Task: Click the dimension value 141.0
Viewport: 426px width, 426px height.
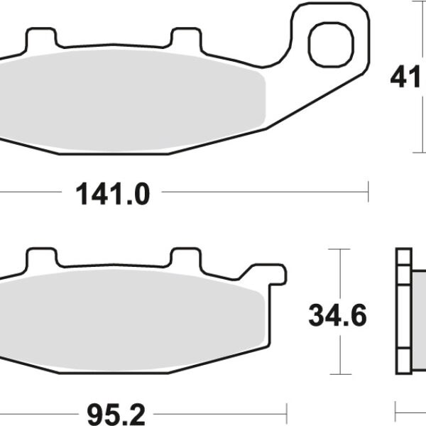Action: pyautogui.click(x=111, y=193)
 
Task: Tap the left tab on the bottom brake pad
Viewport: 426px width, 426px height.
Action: pyautogui.click(x=40, y=256)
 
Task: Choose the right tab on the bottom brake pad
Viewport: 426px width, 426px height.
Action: pyautogui.click(x=187, y=256)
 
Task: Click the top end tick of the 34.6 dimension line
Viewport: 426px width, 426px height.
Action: pyautogui.click(x=342, y=249)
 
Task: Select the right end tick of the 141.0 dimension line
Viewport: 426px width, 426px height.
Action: pyautogui.click(x=368, y=190)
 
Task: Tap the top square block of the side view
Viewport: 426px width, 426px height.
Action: pyautogui.click(x=403, y=256)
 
